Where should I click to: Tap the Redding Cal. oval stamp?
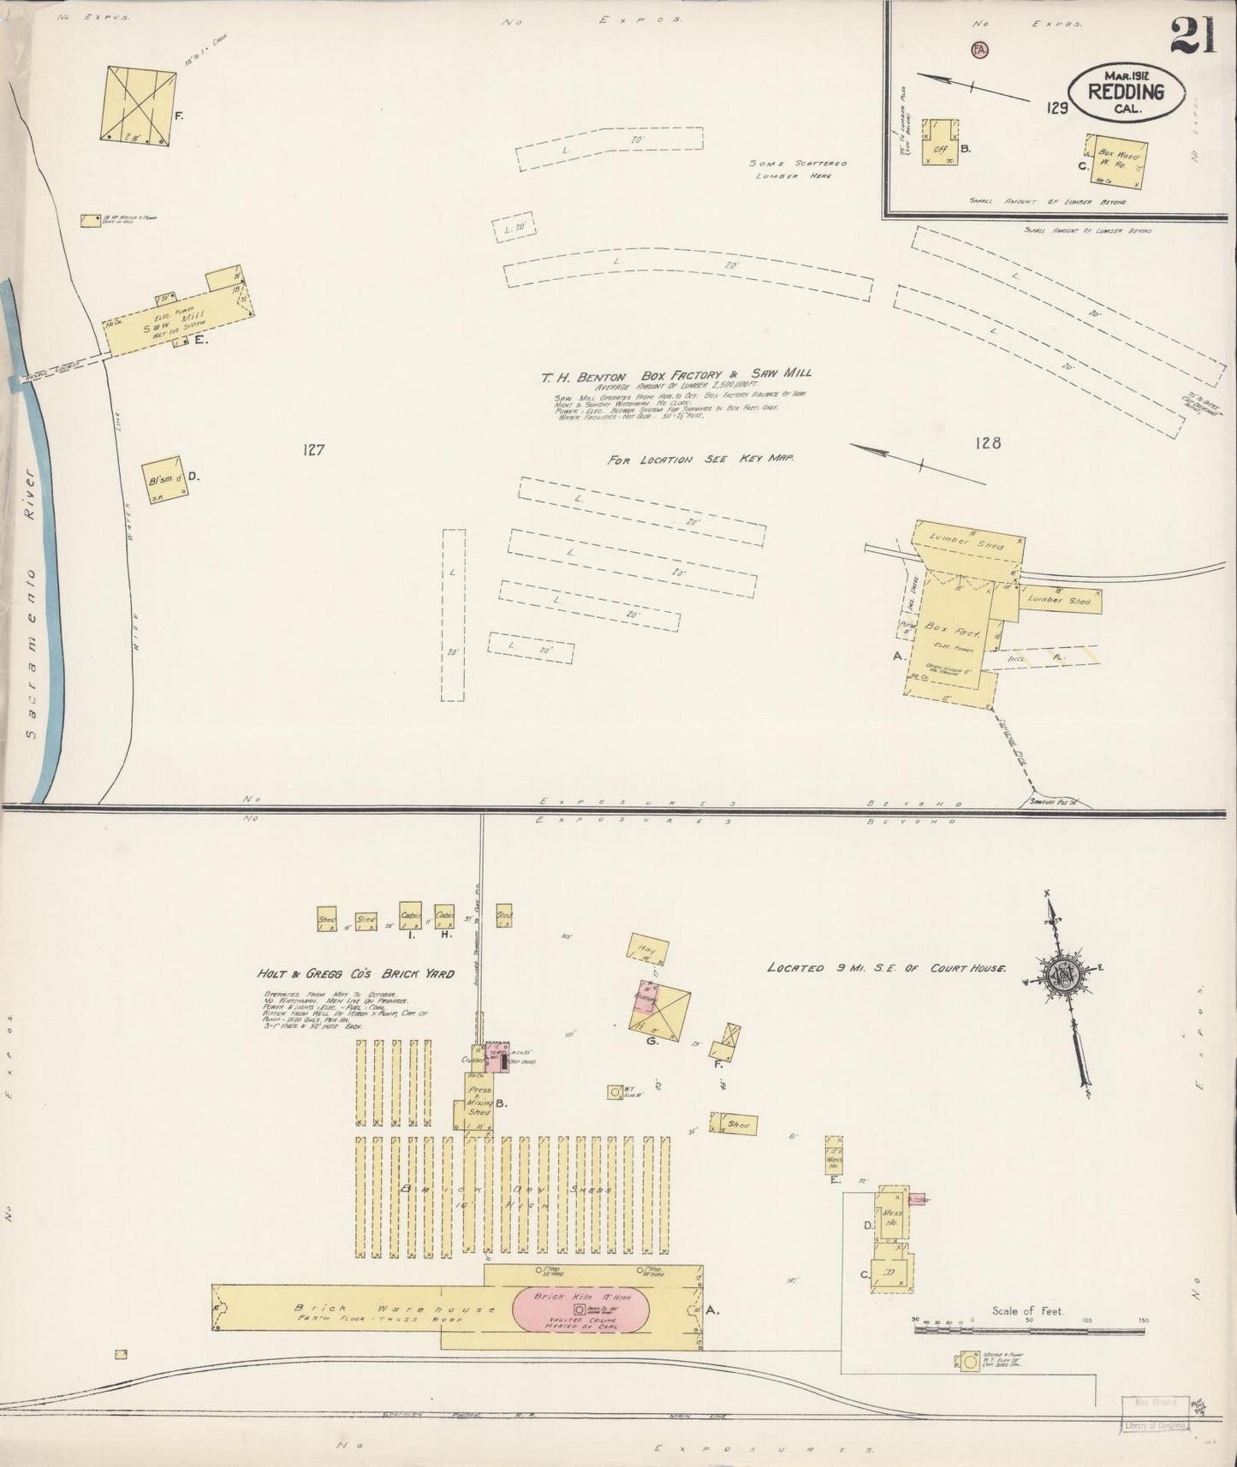1126,89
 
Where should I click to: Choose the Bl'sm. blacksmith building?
163,479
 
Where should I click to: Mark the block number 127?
313,449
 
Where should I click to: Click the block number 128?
988,443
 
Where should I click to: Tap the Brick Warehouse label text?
394,1309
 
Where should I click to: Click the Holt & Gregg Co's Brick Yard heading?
355,973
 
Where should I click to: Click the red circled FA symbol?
979,50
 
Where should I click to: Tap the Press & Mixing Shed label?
479,1097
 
